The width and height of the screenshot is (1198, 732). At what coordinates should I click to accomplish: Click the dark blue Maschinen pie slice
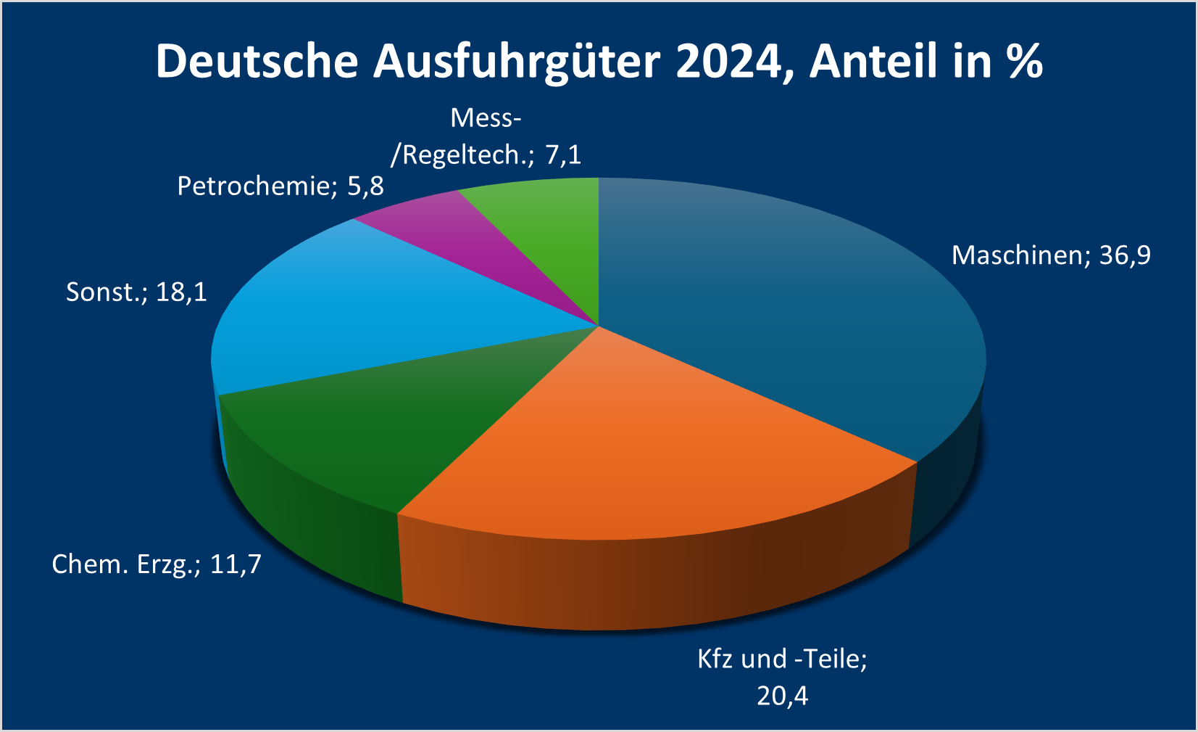tap(783, 312)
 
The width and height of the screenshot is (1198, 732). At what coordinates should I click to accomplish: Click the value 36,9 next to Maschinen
tap(1125, 255)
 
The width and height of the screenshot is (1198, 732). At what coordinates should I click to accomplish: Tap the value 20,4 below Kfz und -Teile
tap(782, 696)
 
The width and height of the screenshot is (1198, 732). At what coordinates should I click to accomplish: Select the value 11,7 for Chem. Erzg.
tap(236, 564)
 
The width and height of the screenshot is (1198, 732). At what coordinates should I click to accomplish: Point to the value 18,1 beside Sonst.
tap(181, 292)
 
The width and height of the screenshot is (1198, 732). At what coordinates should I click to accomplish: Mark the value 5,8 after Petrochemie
tap(365, 186)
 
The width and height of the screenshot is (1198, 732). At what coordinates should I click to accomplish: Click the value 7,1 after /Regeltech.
tap(563, 155)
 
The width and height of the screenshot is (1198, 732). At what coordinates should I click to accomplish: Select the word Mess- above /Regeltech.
tap(486, 118)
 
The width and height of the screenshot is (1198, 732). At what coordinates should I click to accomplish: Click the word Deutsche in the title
tap(257, 61)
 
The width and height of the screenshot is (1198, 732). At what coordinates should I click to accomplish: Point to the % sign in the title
tap(1025, 61)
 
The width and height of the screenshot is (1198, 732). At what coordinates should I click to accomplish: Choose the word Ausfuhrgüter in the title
tap(517, 61)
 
